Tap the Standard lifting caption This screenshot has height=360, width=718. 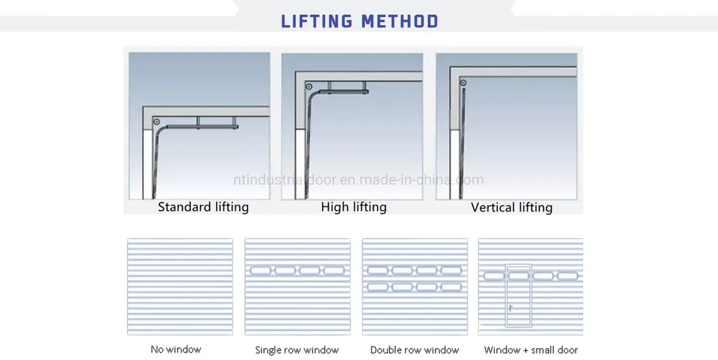pyautogui.click(x=203, y=207)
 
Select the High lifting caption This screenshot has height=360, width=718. pyautogui.click(x=353, y=207)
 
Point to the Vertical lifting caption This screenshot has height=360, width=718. pyautogui.click(x=512, y=207)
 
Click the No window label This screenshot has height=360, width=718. pyautogui.click(x=176, y=350)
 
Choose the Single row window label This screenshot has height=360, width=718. pyautogui.click(x=297, y=351)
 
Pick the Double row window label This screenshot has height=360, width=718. pyautogui.click(x=414, y=351)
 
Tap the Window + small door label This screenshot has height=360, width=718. pyautogui.click(x=531, y=351)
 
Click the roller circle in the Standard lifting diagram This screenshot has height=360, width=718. pyautogui.click(x=157, y=122)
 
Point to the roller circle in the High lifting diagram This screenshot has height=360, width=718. pyautogui.click(x=309, y=87)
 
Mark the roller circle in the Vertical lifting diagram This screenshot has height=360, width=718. pyautogui.click(x=463, y=83)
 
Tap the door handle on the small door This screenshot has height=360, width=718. pyautogui.click(x=511, y=307)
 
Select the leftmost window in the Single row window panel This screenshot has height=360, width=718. pyautogui.click(x=260, y=271)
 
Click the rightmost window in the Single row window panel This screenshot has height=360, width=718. pyautogui.click(x=334, y=271)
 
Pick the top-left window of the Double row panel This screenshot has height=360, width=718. pyautogui.click(x=378, y=271)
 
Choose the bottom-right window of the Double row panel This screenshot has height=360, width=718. pyautogui.click(x=451, y=287)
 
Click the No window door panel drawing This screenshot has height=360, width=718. pyautogui.click(x=180, y=287)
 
